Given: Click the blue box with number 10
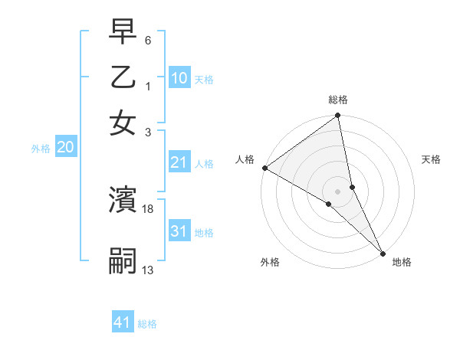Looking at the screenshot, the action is tap(179, 77).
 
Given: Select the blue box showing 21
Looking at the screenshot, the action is tap(179, 162).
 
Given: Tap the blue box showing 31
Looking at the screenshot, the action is tap(179, 232).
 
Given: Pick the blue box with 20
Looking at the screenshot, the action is tap(65, 148).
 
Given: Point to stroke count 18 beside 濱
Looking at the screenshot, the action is tap(148, 208).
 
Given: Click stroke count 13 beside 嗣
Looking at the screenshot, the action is tap(148, 269).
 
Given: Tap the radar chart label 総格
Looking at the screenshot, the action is tap(338, 100).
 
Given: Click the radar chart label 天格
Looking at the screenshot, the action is tap(431, 159).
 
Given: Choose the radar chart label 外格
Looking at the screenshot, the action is tap(270, 262).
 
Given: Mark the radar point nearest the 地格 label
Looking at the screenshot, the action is tap(383, 251).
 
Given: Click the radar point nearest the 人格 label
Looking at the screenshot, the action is tap(264, 168).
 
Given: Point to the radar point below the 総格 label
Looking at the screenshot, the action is tap(338, 116).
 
